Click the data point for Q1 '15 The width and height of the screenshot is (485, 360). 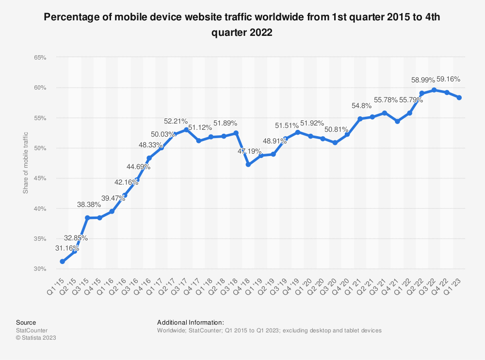(62, 262)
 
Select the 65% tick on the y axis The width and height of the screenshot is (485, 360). (40, 58)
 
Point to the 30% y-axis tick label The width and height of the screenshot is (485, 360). (40, 269)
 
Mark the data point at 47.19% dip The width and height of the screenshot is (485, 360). (248, 165)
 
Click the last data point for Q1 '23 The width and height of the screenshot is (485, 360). (459, 97)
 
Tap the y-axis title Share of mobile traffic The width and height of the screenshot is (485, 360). (26, 163)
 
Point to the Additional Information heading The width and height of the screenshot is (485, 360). (190, 322)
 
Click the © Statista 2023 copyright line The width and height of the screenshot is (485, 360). (36, 338)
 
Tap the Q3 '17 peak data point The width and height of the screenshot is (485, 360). (186, 129)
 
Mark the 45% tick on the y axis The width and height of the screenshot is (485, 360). (40, 178)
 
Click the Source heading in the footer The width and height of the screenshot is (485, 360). (26, 322)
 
